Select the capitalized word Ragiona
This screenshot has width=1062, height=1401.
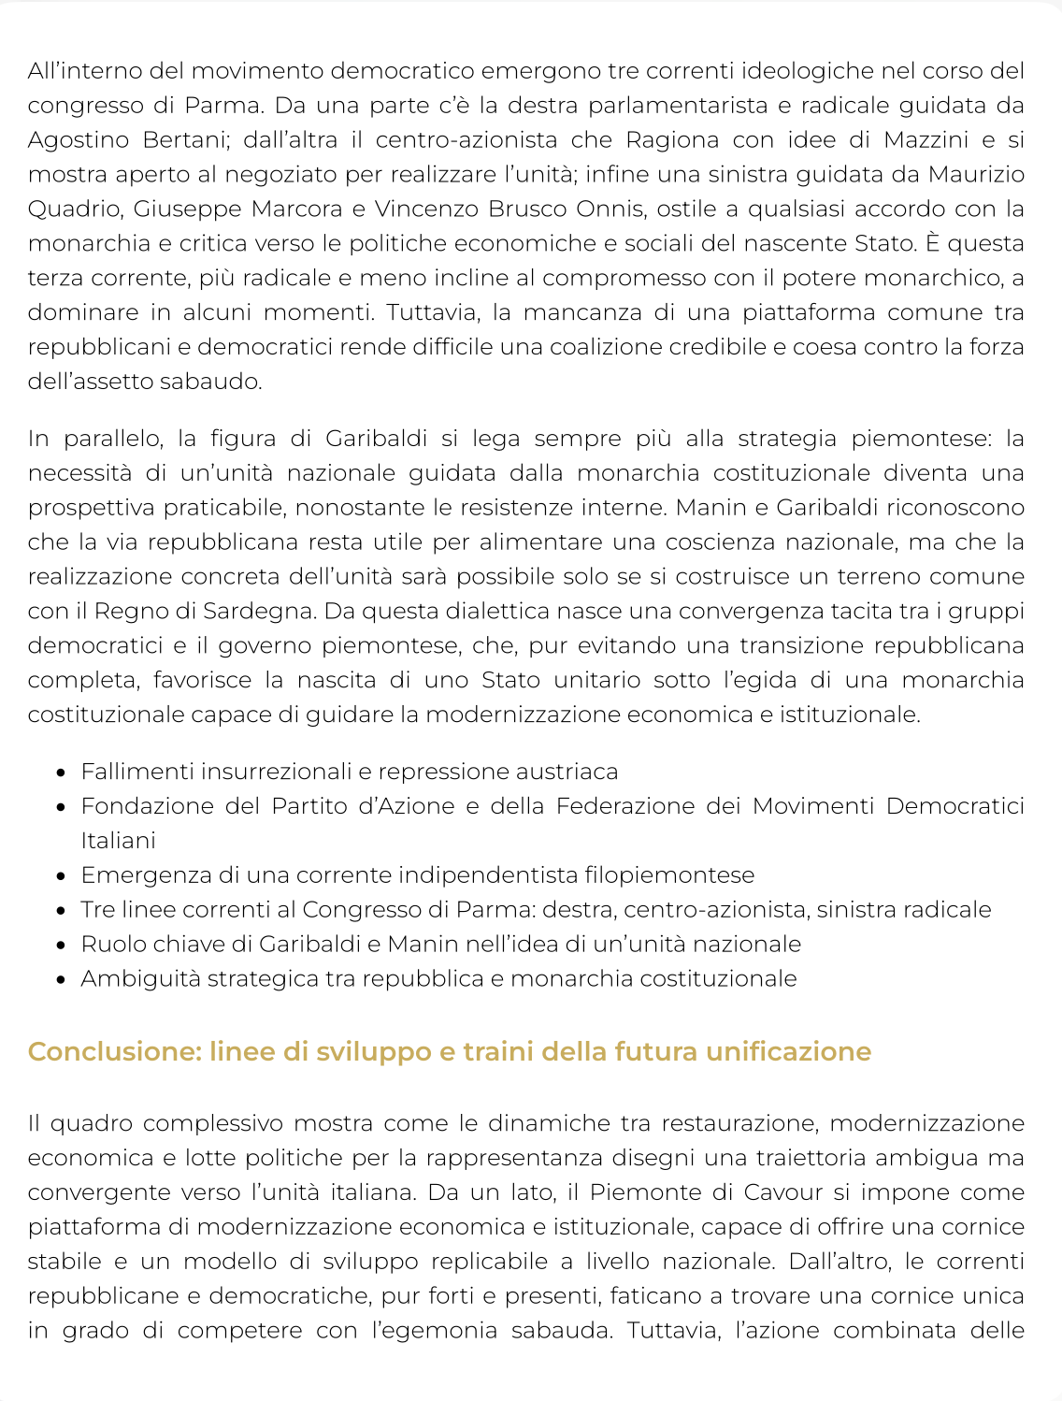click(x=665, y=140)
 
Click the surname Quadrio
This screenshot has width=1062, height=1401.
click(x=74, y=209)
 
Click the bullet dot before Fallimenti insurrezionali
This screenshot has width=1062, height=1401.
click(x=61, y=773)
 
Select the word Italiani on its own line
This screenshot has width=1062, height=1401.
click(x=118, y=841)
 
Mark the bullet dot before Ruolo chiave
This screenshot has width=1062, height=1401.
click(x=61, y=946)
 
